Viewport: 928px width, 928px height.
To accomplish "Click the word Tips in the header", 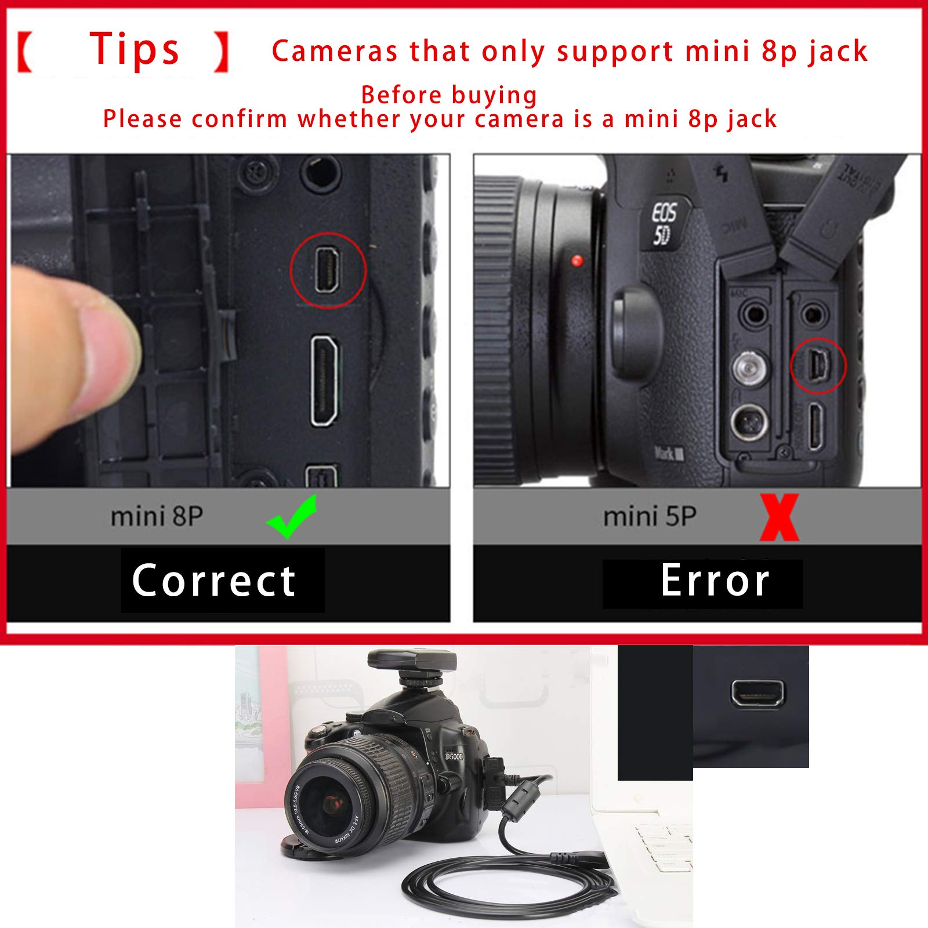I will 135,50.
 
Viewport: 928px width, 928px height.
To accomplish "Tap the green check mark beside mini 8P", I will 292,516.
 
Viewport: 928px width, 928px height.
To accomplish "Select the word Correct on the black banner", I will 214,581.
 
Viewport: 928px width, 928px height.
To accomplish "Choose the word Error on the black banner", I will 715,581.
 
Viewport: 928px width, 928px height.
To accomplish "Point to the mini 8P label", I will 157,516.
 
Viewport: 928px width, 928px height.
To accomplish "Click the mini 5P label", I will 650,516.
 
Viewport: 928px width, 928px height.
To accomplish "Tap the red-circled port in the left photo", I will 327,270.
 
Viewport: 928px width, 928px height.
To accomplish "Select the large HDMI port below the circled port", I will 325,381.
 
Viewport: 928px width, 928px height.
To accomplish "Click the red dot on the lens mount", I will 577,260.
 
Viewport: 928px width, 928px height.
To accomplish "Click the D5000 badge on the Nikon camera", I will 454,756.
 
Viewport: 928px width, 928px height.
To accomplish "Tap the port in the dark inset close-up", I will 757,693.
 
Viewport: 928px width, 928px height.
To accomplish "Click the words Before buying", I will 449,95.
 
